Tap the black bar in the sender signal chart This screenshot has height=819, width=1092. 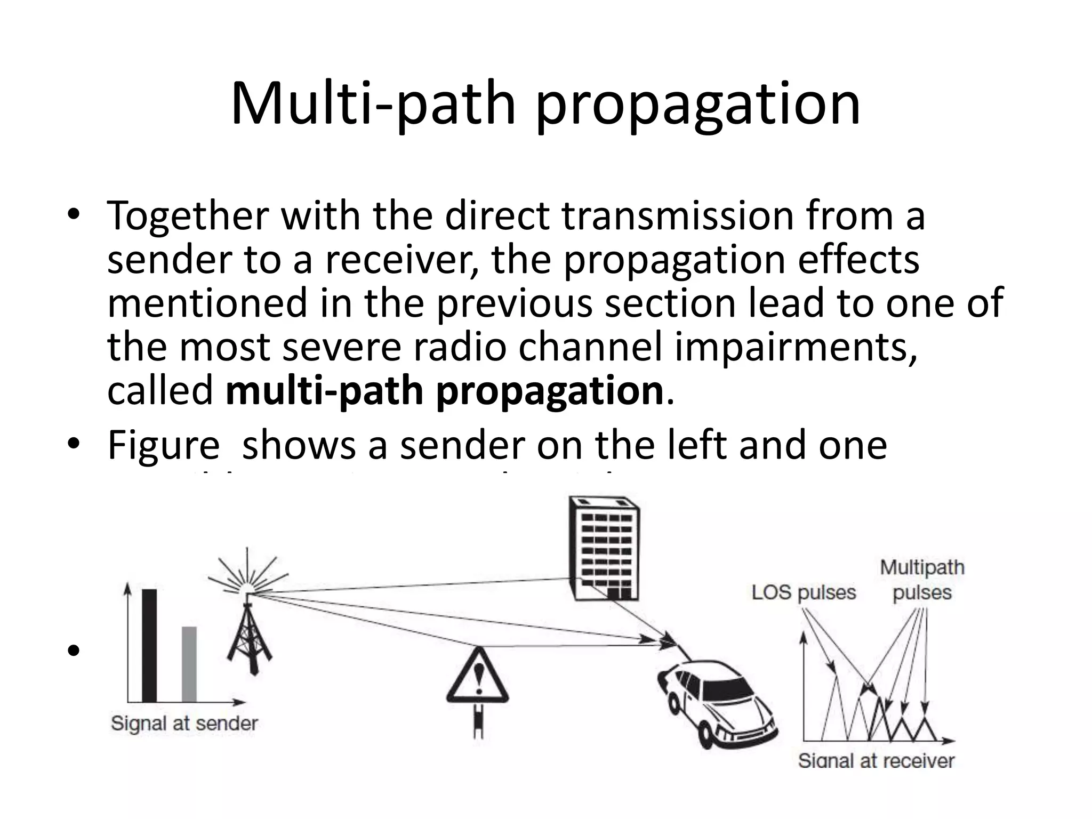point(149,645)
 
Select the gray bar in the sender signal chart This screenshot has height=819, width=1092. point(189,664)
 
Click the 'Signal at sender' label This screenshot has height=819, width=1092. point(184,724)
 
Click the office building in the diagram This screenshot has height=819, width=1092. point(604,549)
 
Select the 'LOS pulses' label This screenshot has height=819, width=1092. point(804,592)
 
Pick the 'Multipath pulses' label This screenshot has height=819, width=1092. point(922,580)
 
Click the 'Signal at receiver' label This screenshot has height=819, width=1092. point(876,760)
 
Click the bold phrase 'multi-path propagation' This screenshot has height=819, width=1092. point(444,391)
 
